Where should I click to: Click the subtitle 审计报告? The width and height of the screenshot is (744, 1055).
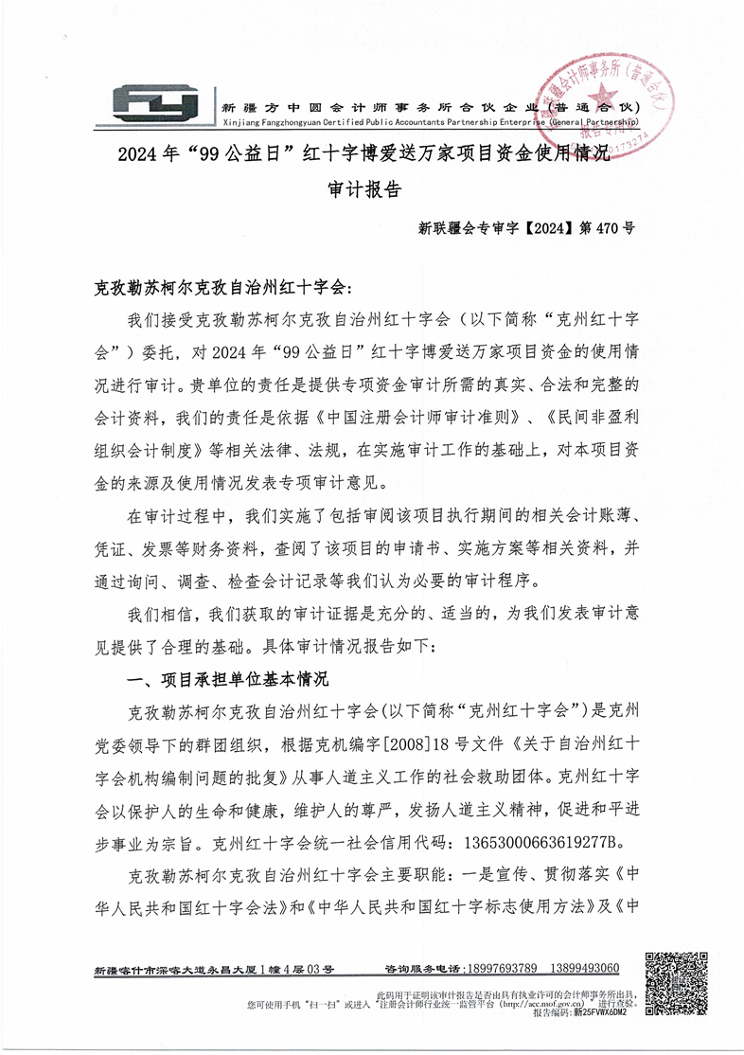click(364, 188)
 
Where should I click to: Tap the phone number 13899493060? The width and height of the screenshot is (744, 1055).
click(582, 969)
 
